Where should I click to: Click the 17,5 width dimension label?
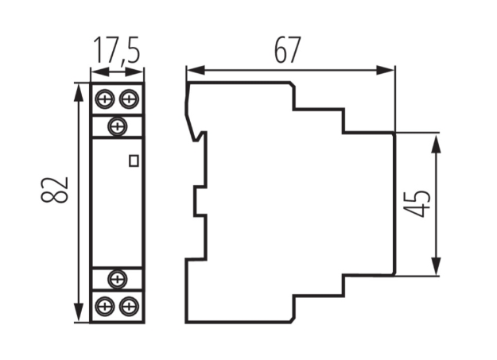click(117, 51)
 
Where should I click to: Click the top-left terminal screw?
click(105, 99)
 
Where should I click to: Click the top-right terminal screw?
click(130, 99)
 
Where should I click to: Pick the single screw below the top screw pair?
click(118, 125)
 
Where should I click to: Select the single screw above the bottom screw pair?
click(118, 278)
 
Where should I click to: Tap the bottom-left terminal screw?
click(105, 305)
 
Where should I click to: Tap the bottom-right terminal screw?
click(130, 305)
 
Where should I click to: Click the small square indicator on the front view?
click(134, 161)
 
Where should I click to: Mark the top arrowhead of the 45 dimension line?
click(437, 141)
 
